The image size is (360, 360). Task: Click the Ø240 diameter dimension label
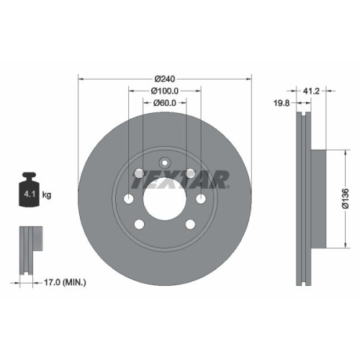165,78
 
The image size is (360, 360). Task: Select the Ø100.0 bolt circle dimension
165,91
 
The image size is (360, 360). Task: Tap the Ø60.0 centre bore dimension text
165,104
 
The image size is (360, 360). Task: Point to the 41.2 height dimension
310,91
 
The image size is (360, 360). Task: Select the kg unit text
46,194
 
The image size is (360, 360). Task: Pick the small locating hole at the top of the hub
165,161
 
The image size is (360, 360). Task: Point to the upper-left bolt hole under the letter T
138,173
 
